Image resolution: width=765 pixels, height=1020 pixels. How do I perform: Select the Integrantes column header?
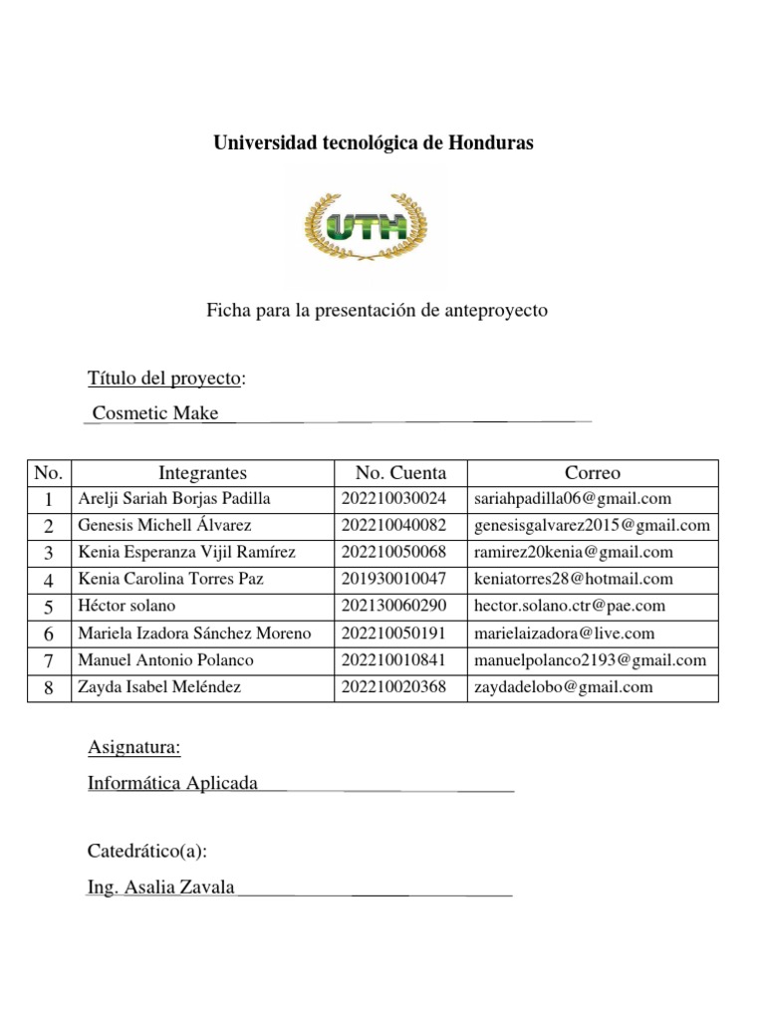(202, 473)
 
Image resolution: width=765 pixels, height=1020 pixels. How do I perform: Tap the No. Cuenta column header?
(400, 473)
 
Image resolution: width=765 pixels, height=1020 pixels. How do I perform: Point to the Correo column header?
(592, 473)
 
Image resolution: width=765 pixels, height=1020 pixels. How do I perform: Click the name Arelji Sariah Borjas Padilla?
(173, 499)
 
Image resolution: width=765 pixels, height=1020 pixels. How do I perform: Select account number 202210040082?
(394, 526)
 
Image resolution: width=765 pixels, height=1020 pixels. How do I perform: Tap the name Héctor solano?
(127, 606)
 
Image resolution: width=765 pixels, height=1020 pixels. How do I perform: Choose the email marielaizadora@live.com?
(565, 633)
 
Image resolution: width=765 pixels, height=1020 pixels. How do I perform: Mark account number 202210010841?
(394, 659)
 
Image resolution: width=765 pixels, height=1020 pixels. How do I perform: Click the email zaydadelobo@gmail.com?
(564, 686)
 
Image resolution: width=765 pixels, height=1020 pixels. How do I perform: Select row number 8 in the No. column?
(48, 686)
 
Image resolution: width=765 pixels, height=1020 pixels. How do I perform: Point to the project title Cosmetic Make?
(155, 413)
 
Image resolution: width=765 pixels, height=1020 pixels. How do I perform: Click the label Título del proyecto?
(165, 379)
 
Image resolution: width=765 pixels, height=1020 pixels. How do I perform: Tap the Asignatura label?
(134, 748)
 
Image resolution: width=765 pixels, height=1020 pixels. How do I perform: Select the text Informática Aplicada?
(173, 784)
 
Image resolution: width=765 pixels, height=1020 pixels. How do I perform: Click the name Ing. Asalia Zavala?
(161, 888)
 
